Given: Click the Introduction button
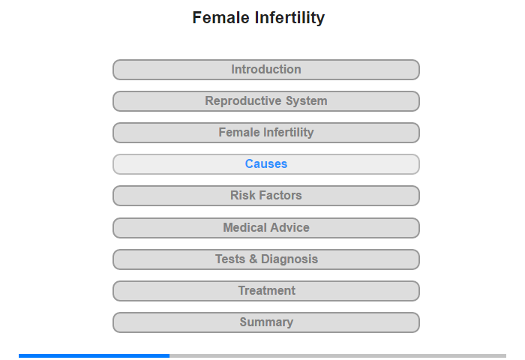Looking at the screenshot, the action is [266, 70].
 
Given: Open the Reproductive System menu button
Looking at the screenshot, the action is [266, 101].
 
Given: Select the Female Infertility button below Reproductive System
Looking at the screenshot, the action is [266, 133].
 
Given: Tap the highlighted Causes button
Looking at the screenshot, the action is [266, 164].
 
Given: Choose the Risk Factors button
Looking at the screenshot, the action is [266, 196].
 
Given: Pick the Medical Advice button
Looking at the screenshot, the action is [266, 228].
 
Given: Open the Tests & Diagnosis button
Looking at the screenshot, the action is [266, 259].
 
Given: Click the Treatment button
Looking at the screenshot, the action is [266, 291].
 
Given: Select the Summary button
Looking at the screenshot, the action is [266, 322].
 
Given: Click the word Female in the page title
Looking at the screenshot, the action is [221, 17].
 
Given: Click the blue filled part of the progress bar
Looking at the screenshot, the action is [94, 355].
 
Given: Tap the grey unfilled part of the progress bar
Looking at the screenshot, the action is [337, 355].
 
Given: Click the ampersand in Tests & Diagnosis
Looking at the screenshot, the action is [253, 259].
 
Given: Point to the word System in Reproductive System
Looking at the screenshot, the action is [306, 101].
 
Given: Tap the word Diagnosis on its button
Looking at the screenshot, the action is [289, 259].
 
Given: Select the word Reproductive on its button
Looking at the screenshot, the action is [243, 101].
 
